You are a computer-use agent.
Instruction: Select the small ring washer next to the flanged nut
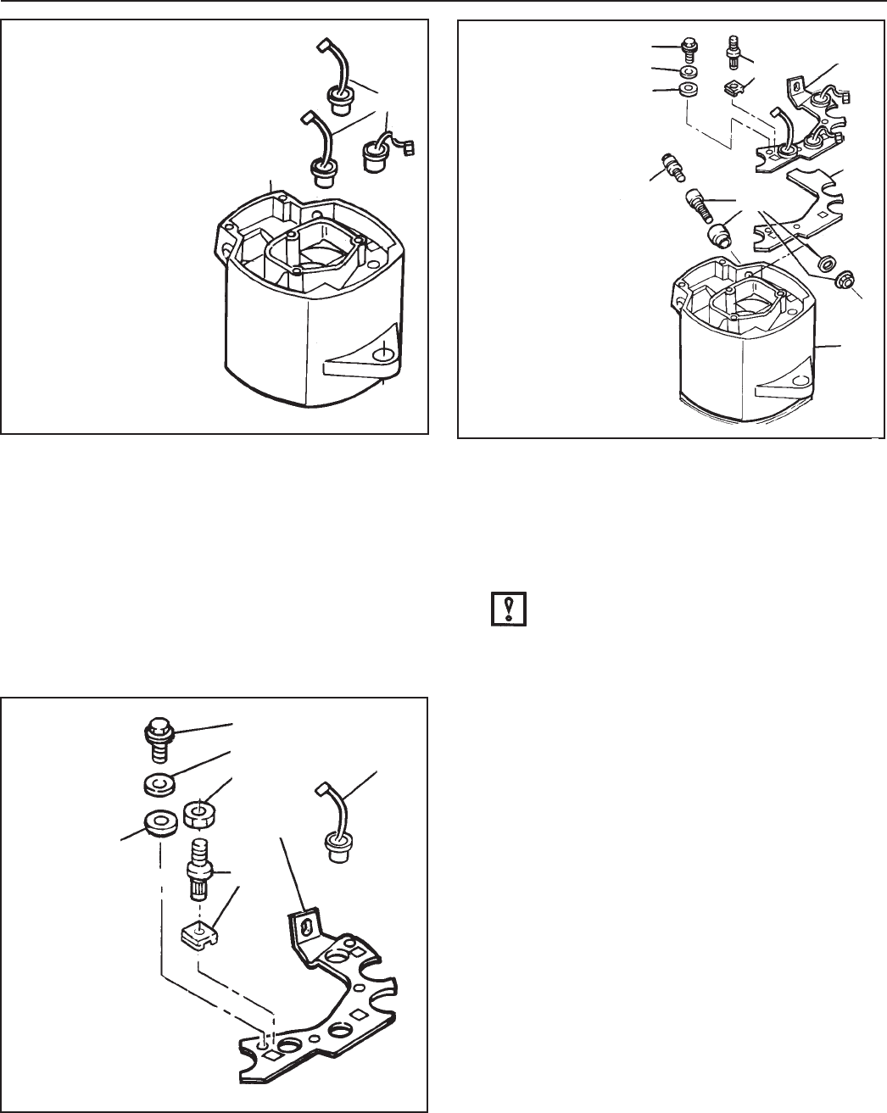pos(823,259)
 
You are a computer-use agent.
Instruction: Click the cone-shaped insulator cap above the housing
pos(721,232)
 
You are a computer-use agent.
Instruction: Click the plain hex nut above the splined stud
pos(197,814)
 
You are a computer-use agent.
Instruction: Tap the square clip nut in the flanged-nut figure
pos(734,88)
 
